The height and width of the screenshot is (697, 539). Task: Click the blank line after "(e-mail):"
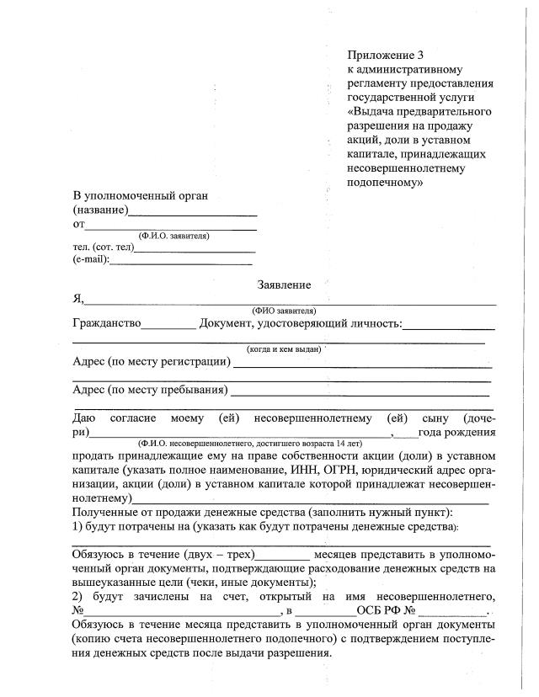(181, 263)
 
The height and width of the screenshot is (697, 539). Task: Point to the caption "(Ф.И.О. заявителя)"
(173, 236)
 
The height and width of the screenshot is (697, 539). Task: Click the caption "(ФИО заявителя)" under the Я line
(283, 310)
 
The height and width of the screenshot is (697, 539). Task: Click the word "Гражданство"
(107, 324)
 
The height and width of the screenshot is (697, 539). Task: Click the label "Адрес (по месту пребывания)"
(150, 390)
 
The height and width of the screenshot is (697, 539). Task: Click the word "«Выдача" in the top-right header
(376, 111)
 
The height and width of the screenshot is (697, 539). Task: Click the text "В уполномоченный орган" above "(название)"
(140, 196)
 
